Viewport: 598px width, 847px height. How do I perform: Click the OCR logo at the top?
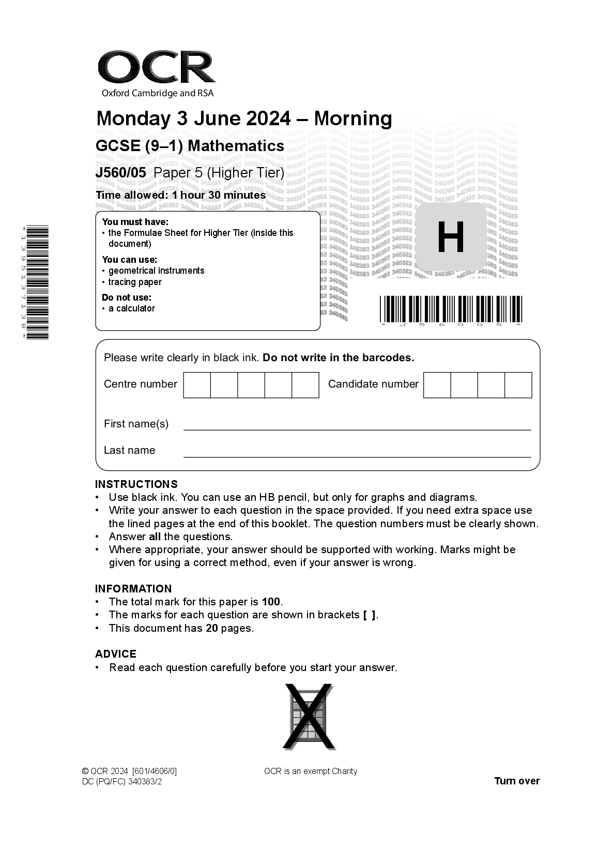tap(156, 68)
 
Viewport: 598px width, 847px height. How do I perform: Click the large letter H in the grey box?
tap(451, 237)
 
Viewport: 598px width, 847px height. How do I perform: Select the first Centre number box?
tap(197, 385)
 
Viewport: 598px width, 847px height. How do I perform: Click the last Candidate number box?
tap(518, 385)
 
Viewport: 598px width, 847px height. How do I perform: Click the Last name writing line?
tap(357, 456)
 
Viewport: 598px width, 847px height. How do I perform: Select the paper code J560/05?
tap(121, 173)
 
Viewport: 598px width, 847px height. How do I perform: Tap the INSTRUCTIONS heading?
tap(136, 484)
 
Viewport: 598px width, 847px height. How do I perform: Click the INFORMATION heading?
tap(133, 589)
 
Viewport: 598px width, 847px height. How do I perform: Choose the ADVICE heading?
tap(116, 654)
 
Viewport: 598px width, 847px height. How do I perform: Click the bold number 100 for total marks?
tap(271, 602)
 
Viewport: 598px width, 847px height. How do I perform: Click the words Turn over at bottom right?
tap(517, 781)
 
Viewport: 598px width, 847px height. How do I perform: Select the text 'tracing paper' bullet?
tap(135, 282)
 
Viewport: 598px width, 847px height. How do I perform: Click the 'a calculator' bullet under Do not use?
tap(132, 308)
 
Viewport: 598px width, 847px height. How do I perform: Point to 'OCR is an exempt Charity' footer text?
tap(310, 771)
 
